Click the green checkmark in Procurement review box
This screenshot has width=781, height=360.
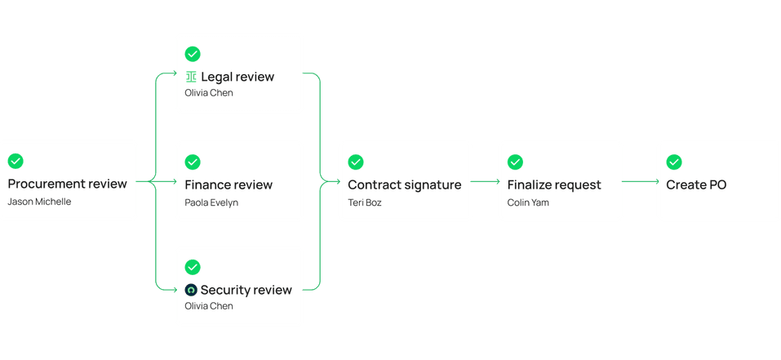click(16, 161)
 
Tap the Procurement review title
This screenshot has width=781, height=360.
click(67, 184)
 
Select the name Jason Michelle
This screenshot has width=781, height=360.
click(39, 202)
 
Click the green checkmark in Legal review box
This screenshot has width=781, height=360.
click(193, 55)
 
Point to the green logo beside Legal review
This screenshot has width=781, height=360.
click(191, 78)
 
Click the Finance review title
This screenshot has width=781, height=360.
click(229, 184)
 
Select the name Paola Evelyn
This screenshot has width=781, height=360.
click(211, 202)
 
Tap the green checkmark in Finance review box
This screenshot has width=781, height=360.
click(193, 162)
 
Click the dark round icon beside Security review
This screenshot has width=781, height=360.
click(191, 290)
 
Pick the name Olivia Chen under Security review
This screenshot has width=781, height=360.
click(209, 306)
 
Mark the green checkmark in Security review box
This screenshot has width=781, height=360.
click(193, 267)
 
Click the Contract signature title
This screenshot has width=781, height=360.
click(404, 184)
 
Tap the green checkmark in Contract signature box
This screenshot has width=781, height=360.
click(356, 162)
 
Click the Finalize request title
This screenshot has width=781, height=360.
click(554, 184)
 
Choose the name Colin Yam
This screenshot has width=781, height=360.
click(529, 202)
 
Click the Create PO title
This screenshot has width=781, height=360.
click(696, 184)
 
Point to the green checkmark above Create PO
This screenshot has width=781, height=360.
click(674, 162)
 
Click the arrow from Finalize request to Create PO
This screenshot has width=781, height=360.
click(640, 181)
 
